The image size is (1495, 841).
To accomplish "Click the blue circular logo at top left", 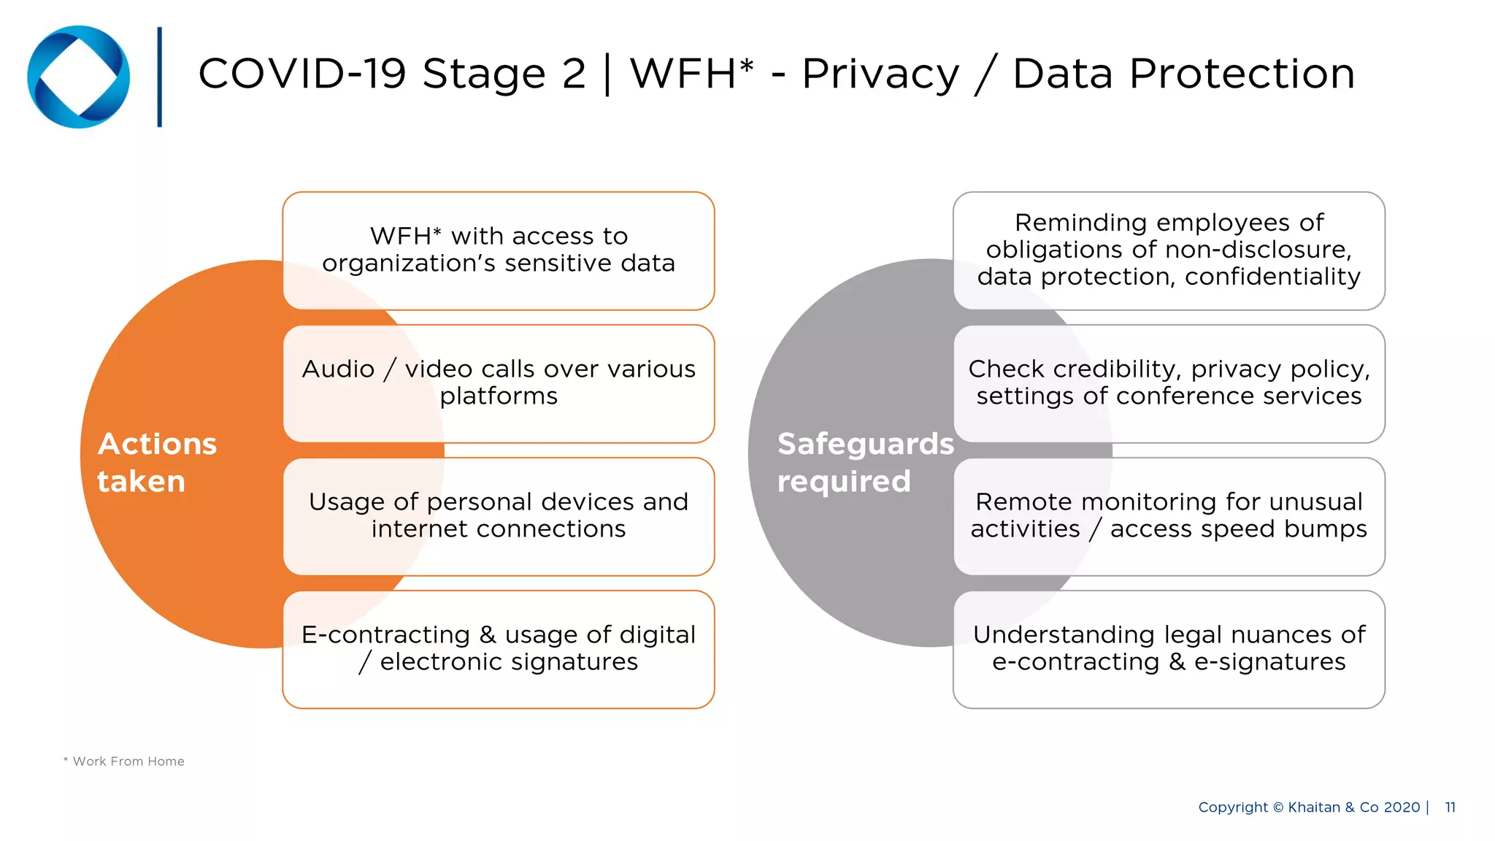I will [79, 77].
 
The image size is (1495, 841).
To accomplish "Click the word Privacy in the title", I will [880, 74].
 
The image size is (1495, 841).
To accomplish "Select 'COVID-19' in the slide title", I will [301, 74].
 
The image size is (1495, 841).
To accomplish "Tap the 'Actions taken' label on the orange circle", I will [157, 463].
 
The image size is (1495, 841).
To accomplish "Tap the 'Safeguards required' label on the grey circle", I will [865, 463].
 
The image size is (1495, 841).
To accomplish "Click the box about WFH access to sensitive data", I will [499, 250].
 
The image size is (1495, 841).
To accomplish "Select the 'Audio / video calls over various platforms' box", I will [499, 383].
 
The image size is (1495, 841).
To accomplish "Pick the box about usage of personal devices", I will [499, 516].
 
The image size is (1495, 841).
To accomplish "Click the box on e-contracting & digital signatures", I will [499, 649].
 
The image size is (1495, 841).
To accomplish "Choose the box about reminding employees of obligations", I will [1169, 250].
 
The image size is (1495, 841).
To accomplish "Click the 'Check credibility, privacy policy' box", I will [1169, 383].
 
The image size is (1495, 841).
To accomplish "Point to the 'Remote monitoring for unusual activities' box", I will [1169, 516].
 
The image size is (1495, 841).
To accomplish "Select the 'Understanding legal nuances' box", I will [1169, 649].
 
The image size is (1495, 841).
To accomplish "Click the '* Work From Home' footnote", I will [124, 761].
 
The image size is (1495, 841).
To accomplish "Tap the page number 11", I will [1450, 807].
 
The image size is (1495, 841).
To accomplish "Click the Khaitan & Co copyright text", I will [1309, 807].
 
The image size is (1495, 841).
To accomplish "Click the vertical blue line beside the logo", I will [159, 77].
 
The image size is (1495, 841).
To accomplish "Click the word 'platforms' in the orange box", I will [499, 396].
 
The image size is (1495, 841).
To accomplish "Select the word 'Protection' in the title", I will [1183, 74].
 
